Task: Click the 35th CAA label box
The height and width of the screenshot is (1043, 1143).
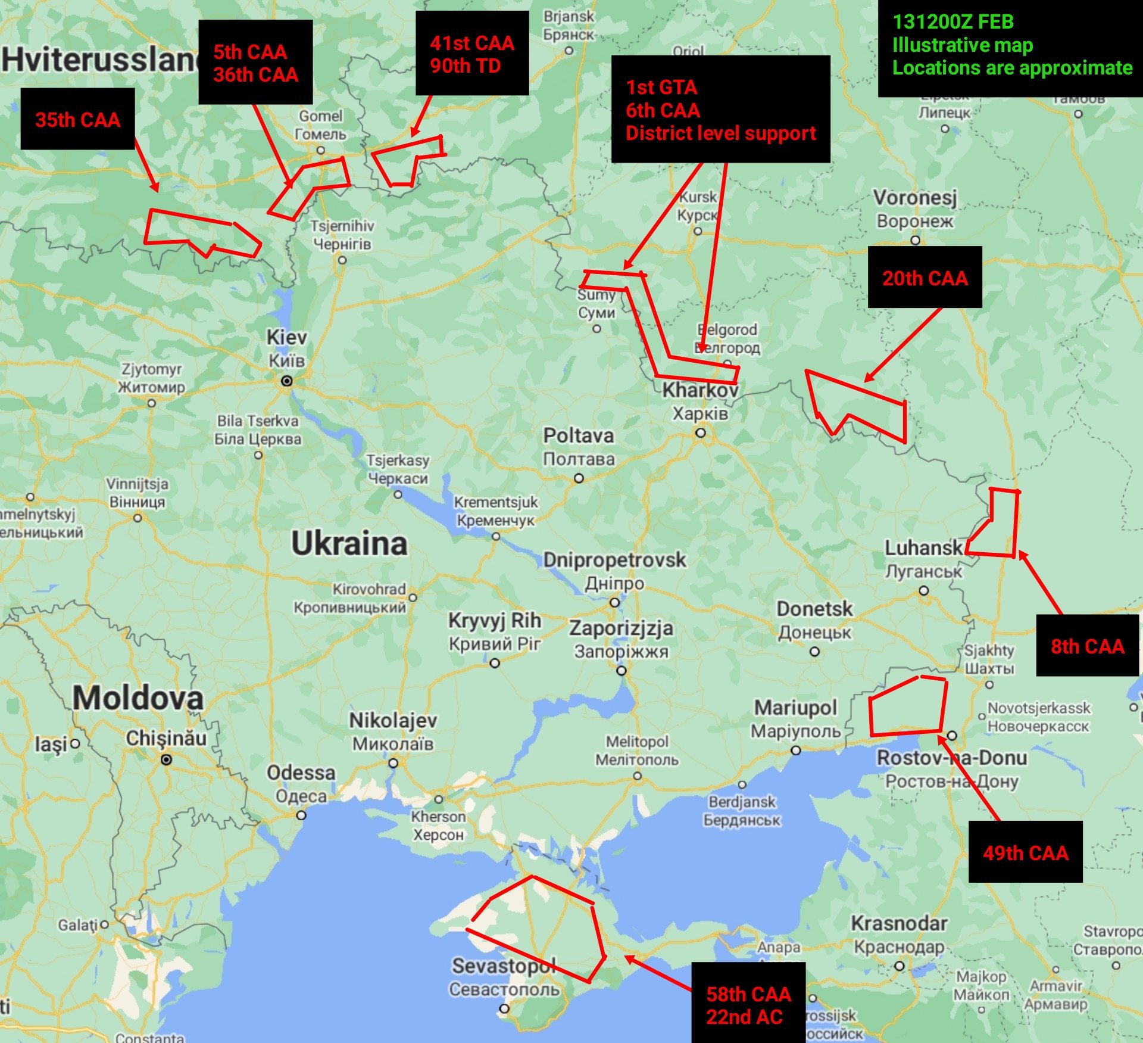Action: click(x=77, y=119)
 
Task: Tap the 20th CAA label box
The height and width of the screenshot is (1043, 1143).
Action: click(x=925, y=278)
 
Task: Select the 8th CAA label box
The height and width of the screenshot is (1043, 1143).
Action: click(x=1087, y=646)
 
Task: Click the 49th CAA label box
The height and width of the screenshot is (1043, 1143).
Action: click(x=1025, y=852)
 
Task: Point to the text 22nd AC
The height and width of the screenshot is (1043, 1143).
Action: click(x=744, y=1017)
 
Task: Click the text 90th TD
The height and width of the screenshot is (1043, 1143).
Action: click(x=465, y=66)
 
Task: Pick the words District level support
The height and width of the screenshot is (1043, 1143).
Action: click(x=720, y=133)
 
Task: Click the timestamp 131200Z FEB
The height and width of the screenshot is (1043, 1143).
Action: click(x=952, y=21)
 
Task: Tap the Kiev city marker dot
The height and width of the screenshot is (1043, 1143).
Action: click(x=286, y=381)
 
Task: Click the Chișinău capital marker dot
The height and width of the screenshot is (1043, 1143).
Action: click(x=167, y=759)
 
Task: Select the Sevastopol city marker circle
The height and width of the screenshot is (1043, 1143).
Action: click(x=504, y=1008)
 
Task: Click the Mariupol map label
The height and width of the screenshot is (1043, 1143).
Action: click(x=795, y=708)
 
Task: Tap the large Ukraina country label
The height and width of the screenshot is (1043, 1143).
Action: click(x=349, y=543)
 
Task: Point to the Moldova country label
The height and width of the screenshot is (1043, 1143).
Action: click(x=138, y=698)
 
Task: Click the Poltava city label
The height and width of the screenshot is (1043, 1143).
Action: click(x=578, y=435)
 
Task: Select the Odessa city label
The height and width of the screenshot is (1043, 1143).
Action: click(x=301, y=773)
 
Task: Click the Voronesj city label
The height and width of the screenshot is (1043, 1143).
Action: click(x=915, y=197)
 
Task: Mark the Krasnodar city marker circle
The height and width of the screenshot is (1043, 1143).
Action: click(x=900, y=966)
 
